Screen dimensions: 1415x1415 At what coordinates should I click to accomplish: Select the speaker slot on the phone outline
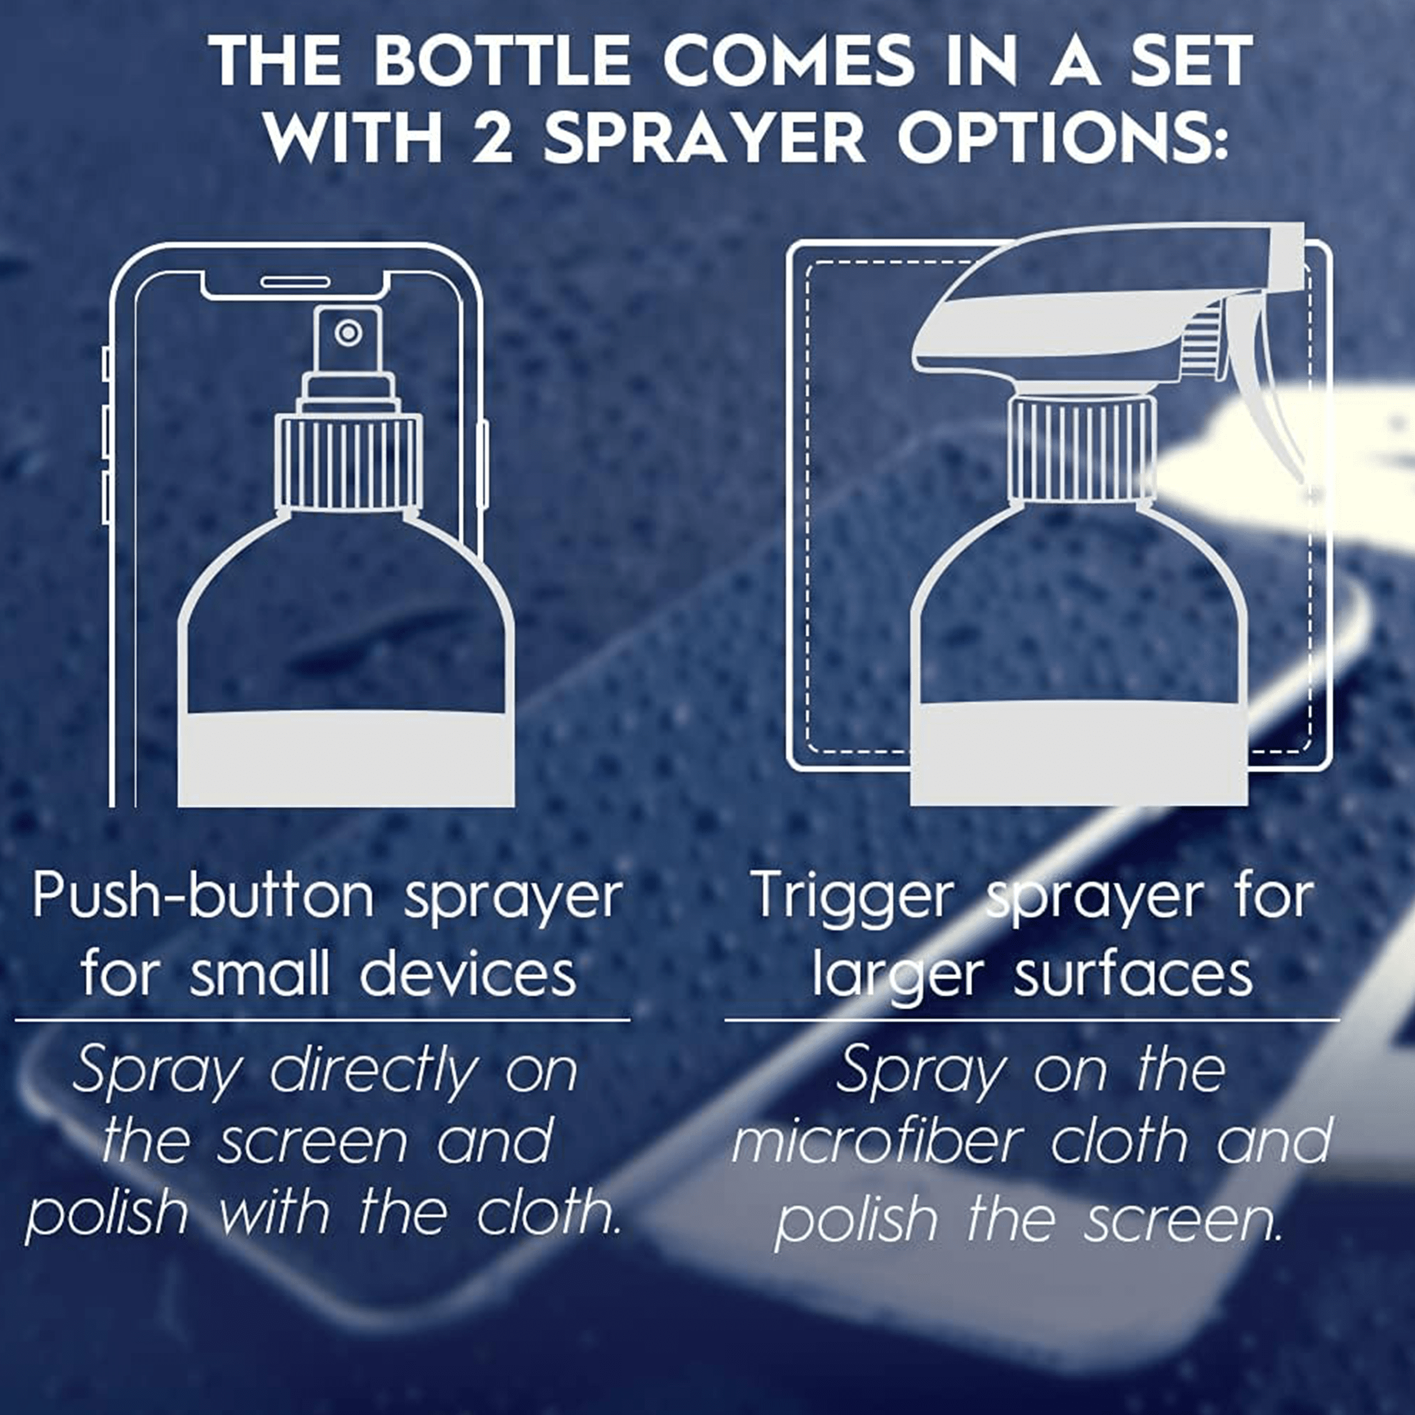(x=294, y=281)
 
